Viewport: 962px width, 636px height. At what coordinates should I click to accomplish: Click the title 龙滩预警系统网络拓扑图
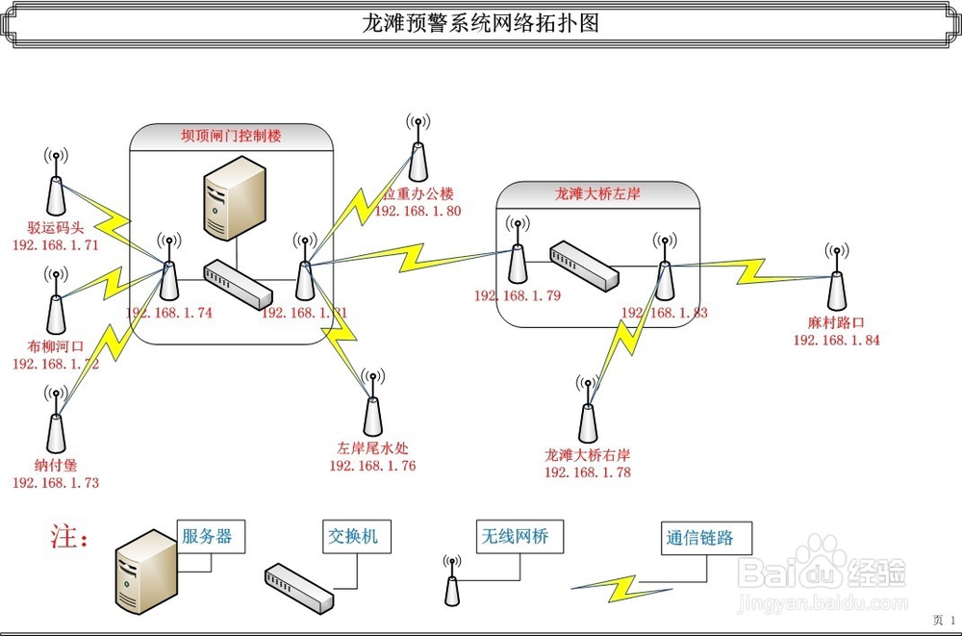click(x=480, y=23)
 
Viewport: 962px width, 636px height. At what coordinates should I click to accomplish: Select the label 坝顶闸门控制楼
click(x=232, y=137)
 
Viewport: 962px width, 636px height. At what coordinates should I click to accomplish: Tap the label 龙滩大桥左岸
click(x=597, y=193)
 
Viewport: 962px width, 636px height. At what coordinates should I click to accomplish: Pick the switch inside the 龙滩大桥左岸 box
click(x=584, y=267)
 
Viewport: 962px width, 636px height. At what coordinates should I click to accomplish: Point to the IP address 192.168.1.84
click(x=836, y=340)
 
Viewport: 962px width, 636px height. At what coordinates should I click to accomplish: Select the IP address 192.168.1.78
click(x=587, y=471)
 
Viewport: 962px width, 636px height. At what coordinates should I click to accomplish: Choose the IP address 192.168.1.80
click(x=418, y=210)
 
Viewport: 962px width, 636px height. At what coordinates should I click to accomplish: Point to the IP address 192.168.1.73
click(x=56, y=482)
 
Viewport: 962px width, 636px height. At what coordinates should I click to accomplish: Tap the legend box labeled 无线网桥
click(x=513, y=537)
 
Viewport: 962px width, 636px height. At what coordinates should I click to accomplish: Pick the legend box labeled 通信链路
click(x=698, y=538)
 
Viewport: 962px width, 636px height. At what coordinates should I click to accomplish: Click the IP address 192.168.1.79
click(x=518, y=295)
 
